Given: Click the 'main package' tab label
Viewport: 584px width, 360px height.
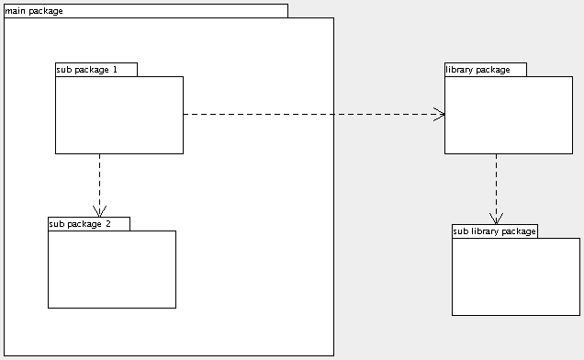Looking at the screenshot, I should (x=34, y=11).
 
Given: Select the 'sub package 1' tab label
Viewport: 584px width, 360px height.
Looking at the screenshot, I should (x=87, y=70).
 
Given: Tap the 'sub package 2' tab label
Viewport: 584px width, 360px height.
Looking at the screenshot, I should (x=80, y=224).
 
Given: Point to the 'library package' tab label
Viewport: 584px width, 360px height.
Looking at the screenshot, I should (x=477, y=70).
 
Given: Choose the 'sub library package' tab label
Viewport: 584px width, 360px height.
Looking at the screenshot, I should (x=494, y=231).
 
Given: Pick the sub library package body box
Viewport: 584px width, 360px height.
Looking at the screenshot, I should (x=516, y=276).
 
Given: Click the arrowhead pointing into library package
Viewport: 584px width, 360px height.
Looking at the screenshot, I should (x=440, y=115).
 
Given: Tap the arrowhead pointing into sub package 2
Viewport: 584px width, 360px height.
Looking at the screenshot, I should (x=99, y=211).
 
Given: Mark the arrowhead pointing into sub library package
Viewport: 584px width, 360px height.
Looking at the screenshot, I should (x=496, y=219).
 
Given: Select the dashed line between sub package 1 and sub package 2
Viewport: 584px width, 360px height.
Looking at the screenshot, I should (x=99, y=179).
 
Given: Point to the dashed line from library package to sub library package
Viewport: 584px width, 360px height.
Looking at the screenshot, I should (x=496, y=184).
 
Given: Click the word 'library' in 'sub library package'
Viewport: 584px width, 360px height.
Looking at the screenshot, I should (x=486, y=231).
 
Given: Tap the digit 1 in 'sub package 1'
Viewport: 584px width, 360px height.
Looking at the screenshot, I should (x=115, y=70).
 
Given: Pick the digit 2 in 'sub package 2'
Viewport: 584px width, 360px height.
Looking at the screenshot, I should (x=107, y=224).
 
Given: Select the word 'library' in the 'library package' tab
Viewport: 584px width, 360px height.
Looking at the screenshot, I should (x=461, y=70).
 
